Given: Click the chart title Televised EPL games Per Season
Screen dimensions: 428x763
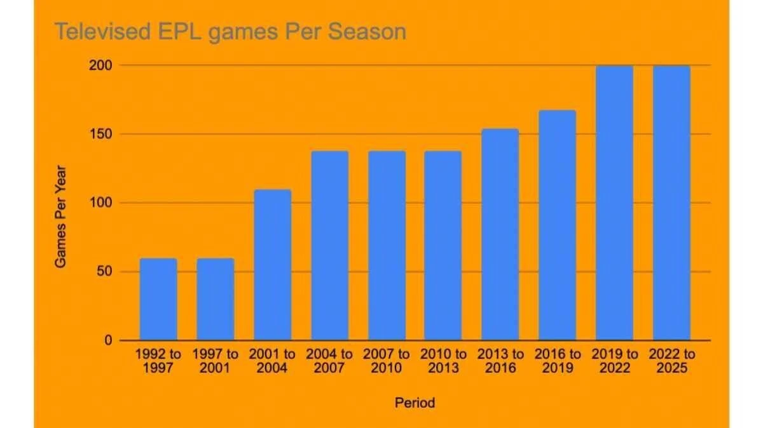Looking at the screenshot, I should pos(230,31).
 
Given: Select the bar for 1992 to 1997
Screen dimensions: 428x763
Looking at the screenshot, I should pos(158,299).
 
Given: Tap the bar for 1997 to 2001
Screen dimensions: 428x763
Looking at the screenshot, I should pos(216,299).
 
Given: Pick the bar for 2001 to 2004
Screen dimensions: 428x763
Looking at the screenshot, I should pos(272,265).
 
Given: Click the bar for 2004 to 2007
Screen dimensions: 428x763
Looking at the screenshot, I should pos(329,246).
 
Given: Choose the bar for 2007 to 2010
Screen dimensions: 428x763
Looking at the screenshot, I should pos(387,246).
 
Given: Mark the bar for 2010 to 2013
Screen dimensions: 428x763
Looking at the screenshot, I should pos(443,246).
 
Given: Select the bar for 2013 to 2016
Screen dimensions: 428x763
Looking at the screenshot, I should pos(500,235).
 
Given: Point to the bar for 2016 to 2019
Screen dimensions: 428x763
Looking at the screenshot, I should pos(558,225).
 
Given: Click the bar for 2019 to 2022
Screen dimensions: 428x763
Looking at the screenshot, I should pos(614,203).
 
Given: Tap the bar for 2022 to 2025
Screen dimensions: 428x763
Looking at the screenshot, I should pos(671,203).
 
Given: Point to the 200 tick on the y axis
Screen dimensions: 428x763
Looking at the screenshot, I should pos(104,65).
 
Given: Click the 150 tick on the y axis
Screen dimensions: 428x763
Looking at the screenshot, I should pos(104,134).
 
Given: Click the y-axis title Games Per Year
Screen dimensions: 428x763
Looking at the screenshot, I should pos(60,217).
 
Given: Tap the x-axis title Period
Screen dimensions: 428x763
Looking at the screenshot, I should pos(415,403).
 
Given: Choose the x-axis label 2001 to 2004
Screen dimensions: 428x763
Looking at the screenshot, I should pos(272,361).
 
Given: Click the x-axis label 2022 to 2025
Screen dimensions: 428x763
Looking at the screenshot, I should pos(671,361).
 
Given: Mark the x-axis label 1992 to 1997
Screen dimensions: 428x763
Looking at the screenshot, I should pos(158,361).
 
